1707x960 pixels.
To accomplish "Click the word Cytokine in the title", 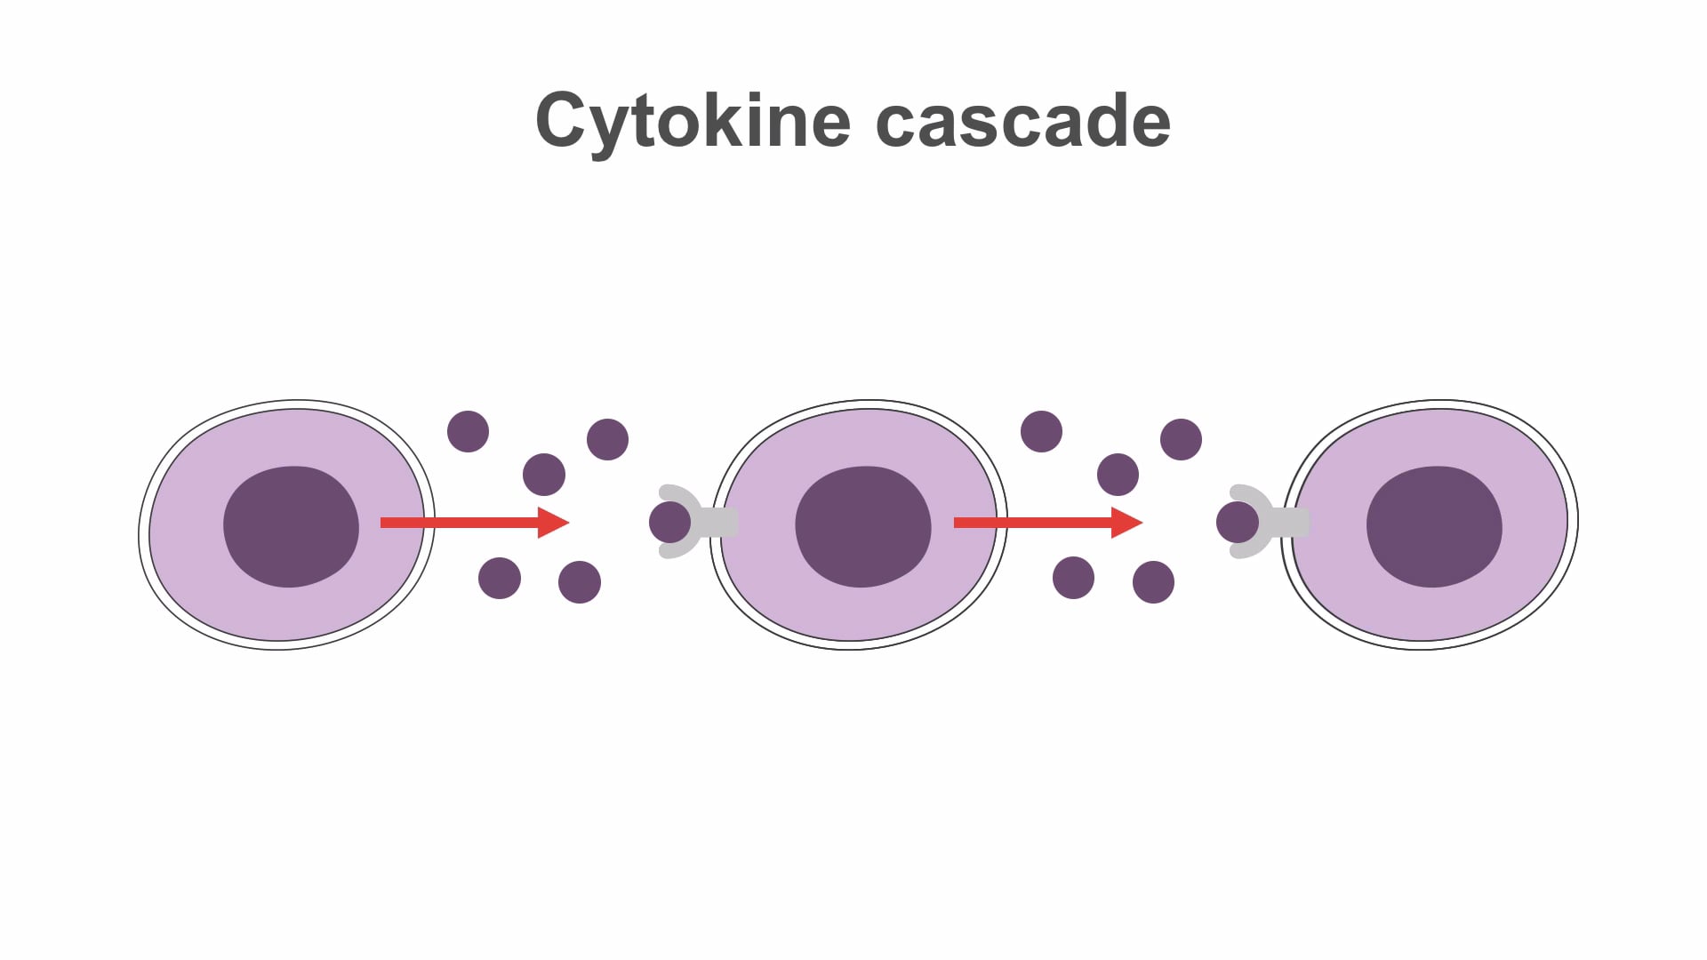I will pos(692,121).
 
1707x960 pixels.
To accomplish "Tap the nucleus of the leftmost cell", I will pos(291,526).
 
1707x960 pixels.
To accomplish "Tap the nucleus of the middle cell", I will pos(862,526).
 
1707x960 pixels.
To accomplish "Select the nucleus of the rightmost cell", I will pos(1434,526).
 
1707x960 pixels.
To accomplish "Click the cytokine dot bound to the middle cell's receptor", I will pos(669,522).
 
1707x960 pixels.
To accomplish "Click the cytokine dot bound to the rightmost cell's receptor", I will pos(1237,522).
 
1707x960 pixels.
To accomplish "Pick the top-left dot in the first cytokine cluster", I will pos(468,431).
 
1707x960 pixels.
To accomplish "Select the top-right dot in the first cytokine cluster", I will pos(607,439).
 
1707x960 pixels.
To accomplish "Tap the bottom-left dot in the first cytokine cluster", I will pos(499,578).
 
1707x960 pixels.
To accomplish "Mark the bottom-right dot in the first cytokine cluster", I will pos(579,582).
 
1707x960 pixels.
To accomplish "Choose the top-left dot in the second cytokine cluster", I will pos(1041,431).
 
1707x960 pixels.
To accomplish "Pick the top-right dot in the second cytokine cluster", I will pos(1181,439).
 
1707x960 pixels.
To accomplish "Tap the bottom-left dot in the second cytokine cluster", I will pos(1073,578).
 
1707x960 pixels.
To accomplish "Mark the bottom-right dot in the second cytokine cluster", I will pos(1153,582).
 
